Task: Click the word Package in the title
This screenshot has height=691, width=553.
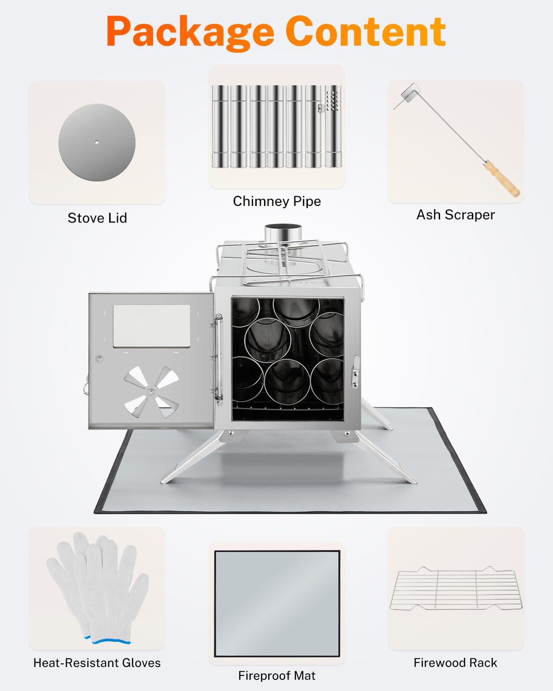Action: coord(190,32)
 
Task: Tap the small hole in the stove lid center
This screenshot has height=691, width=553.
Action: coord(97,142)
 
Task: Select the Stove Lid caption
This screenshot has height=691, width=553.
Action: coord(97,218)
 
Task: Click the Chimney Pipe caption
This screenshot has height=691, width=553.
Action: coord(276,202)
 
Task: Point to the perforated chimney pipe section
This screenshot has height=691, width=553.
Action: coord(333,126)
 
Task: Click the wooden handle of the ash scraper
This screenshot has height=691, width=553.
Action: coord(502,179)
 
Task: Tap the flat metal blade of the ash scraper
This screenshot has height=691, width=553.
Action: coord(410,93)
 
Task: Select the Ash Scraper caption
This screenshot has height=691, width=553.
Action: coord(456,215)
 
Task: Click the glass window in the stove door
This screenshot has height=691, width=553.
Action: coord(151,326)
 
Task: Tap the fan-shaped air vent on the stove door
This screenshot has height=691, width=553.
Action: coord(151,392)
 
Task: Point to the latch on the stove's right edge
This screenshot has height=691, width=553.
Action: coord(355,371)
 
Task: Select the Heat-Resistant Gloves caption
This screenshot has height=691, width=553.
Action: coord(97,663)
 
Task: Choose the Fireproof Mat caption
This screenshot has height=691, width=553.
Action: coord(276,676)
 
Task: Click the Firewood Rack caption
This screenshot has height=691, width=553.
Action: coord(455,663)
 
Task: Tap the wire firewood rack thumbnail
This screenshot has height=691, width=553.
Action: coord(456,589)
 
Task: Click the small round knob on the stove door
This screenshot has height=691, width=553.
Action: coord(100,359)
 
